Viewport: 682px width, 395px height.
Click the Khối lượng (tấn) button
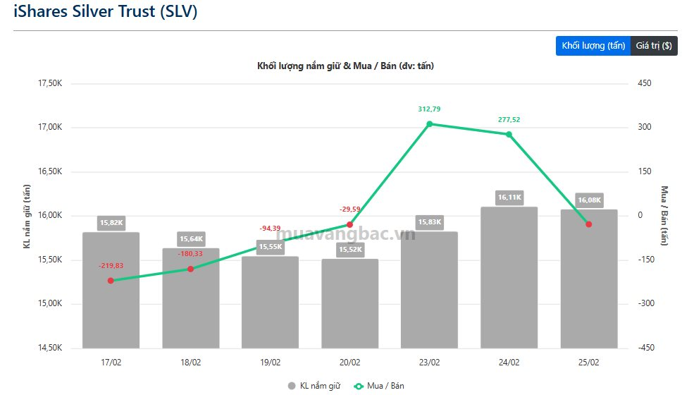[x=593, y=46]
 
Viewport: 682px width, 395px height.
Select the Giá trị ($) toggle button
[x=654, y=46]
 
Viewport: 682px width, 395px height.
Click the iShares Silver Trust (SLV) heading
[x=106, y=12]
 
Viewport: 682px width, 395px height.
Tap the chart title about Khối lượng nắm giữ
[x=346, y=66]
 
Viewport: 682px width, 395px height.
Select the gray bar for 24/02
[x=509, y=282]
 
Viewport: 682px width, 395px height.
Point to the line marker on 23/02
[x=430, y=124]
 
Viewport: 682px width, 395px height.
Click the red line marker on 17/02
[x=111, y=281]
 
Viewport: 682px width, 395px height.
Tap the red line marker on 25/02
[x=589, y=224]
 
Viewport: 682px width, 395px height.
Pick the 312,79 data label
[x=429, y=109]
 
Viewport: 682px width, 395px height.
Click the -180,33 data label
[x=190, y=254]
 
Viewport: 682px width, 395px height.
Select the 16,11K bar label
[x=509, y=197]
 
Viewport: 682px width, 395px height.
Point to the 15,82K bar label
[x=111, y=223]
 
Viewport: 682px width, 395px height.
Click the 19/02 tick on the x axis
[x=270, y=363]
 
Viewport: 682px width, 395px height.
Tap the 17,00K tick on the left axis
[x=50, y=128]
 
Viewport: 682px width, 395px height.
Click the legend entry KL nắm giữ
[x=314, y=386]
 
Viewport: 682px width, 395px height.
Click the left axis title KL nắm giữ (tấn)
[x=27, y=216]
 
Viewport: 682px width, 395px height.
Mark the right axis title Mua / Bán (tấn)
[x=663, y=216]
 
